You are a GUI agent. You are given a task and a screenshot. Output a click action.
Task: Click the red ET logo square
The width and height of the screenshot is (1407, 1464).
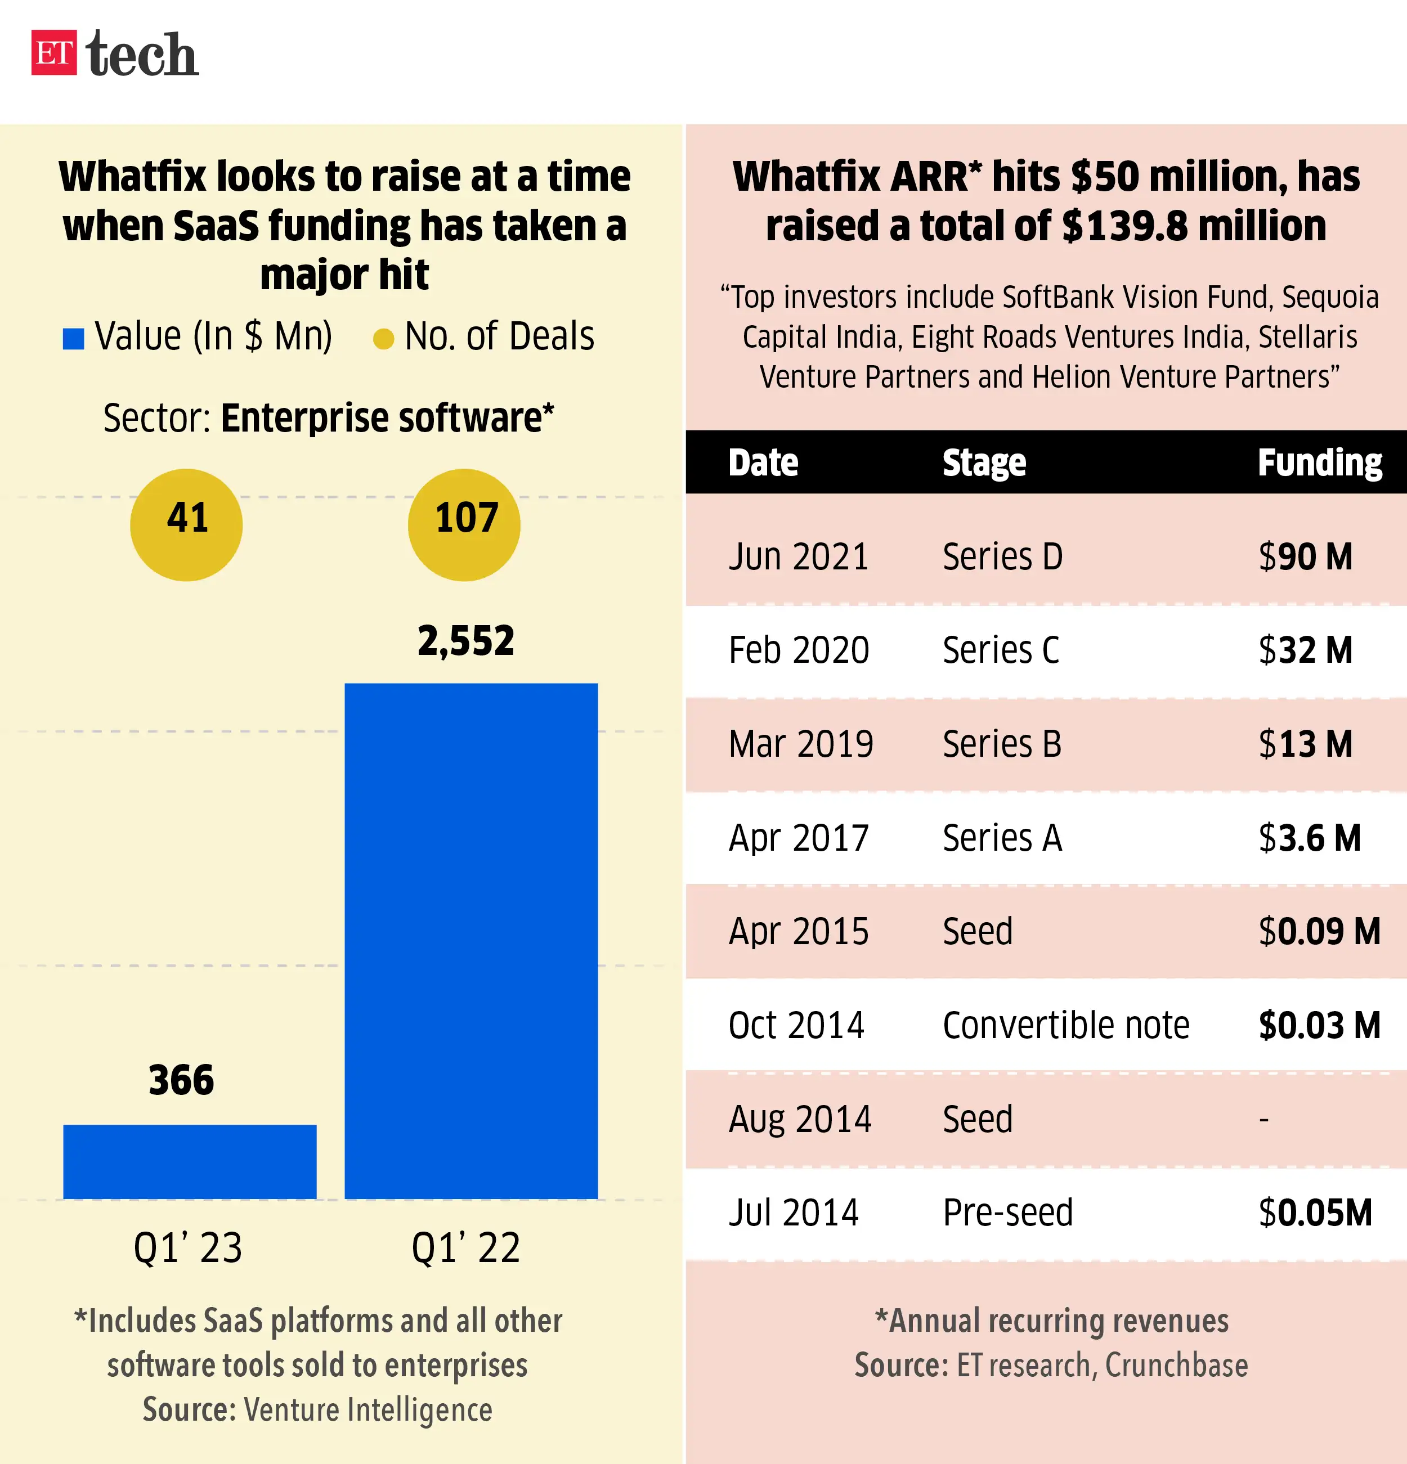click(x=54, y=53)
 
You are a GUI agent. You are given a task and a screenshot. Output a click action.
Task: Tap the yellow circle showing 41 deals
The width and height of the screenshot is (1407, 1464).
click(x=186, y=524)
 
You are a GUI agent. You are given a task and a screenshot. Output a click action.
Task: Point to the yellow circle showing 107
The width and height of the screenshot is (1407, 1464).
click(x=464, y=524)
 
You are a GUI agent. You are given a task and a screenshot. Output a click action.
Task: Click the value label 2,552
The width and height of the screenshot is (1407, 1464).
click(x=465, y=641)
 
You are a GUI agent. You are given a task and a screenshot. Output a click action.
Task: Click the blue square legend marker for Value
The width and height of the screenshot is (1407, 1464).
click(x=73, y=338)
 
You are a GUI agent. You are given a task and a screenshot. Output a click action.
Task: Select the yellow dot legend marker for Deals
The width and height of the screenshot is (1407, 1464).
click(x=383, y=339)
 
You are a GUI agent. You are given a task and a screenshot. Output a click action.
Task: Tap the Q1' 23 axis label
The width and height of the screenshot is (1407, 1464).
click(x=187, y=1248)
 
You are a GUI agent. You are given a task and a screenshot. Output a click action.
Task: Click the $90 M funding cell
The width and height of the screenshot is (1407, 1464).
click(x=1305, y=557)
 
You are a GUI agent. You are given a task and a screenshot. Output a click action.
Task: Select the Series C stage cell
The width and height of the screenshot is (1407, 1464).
click(x=1001, y=650)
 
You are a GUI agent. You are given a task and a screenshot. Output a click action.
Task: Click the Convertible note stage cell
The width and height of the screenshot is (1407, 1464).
click(x=1065, y=1026)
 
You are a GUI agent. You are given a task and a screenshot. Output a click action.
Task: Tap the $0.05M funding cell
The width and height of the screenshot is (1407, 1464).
click(x=1315, y=1213)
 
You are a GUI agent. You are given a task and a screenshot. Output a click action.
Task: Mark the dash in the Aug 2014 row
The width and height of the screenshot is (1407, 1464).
click(x=1263, y=1120)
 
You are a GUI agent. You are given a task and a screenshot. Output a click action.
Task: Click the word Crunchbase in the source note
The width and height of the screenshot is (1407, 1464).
click(x=1176, y=1366)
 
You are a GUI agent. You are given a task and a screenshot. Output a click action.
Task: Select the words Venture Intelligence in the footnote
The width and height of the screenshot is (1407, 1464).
click(x=368, y=1410)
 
